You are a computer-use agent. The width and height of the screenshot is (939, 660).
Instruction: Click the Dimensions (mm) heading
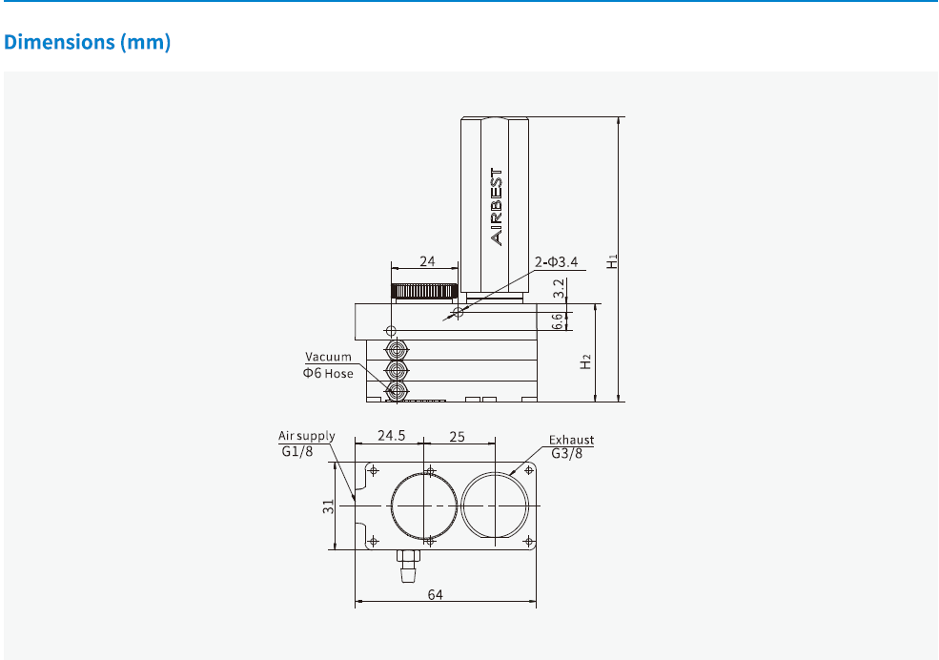point(88,44)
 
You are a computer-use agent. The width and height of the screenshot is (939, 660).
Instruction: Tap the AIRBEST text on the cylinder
point(496,207)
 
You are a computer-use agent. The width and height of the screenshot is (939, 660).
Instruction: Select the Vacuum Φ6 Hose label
point(328,365)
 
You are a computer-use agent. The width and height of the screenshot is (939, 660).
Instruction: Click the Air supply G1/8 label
point(306,443)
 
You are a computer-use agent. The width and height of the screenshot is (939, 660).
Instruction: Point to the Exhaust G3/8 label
point(571,446)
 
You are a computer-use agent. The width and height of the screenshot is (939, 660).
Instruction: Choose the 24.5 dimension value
point(391,436)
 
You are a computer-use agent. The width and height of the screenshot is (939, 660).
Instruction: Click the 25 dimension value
point(457,436)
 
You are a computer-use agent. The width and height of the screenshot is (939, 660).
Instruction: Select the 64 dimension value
point(435,594)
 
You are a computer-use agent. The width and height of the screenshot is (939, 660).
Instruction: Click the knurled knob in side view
point(425,291)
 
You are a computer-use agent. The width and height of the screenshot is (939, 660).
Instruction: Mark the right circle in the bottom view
point(496,505)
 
